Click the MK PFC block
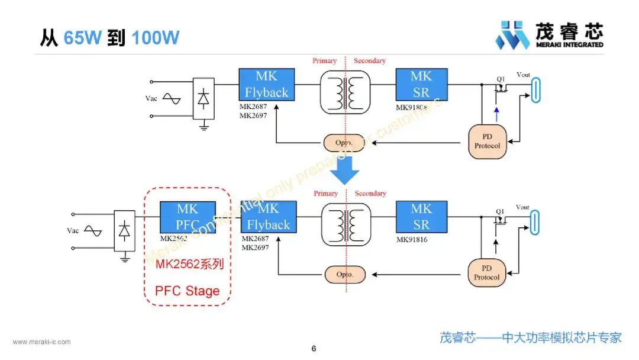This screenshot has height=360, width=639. pos(187,217)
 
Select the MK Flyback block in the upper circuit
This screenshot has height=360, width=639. pos(266,84)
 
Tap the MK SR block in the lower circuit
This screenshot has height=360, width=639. pos(421,217)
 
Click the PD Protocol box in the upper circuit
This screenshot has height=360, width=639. pos(488,142)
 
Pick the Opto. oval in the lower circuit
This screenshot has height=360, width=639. pos(344,275)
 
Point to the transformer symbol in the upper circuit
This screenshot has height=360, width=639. pos(345,92)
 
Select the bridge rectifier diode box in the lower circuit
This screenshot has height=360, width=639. pos(124,231)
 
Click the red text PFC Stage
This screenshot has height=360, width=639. pos(187,291)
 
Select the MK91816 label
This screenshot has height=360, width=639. pos(412,240)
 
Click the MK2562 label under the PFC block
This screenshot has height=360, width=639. pos(173,239)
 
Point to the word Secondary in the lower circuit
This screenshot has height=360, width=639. pos(370,194)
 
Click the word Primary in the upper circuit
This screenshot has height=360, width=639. pos(325,61)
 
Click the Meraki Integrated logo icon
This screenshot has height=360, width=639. pos(512,36)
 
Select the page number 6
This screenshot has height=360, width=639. pos(314,349)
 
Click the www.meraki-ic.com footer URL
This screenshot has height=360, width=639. pos(42,342)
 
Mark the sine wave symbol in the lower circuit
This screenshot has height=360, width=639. pos(93,231)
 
